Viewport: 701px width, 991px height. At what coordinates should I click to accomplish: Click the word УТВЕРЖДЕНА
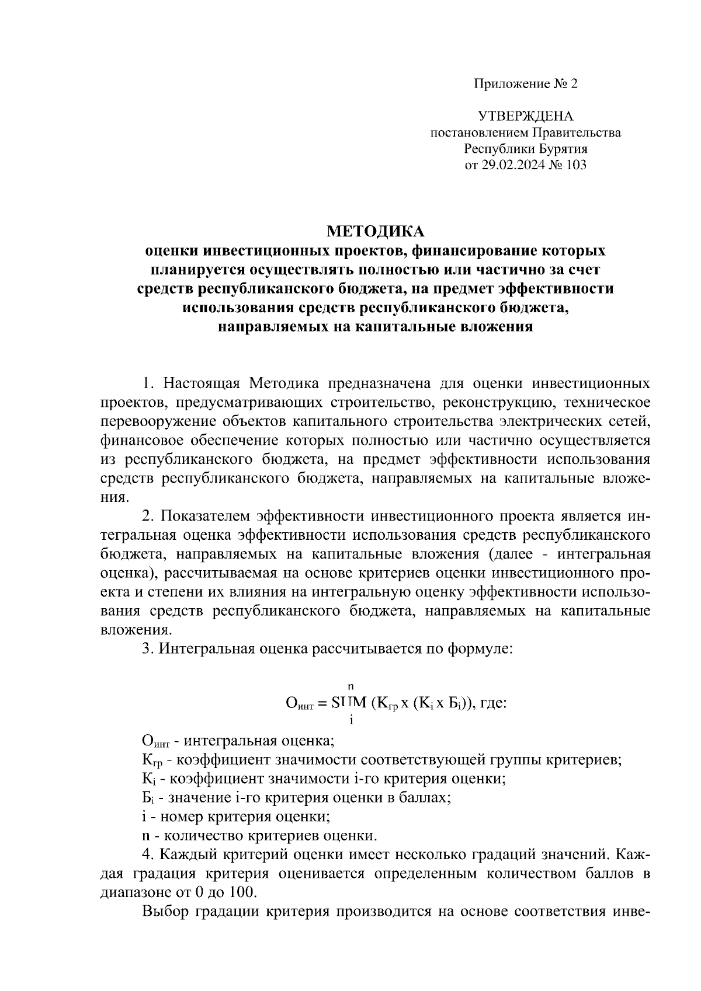(x=525, y=116)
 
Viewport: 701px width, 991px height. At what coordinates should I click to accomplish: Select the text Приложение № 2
(x=525, y=83)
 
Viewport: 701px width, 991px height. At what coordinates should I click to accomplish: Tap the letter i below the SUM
(x=351, y=720)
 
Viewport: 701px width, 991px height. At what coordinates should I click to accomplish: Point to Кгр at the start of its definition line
(x=152, y=761)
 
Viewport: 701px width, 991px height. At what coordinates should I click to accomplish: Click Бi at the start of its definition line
(x=148, y=798)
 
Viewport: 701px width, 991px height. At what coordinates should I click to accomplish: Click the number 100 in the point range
(x=244, y=892)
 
